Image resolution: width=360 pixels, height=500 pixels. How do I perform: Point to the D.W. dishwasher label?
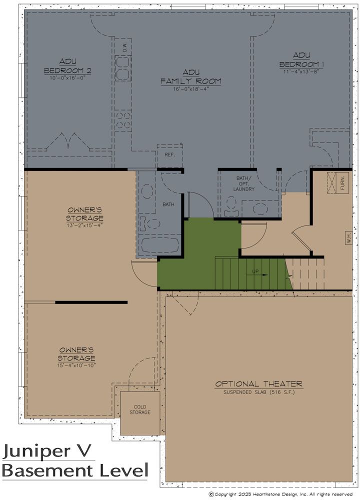pos(125,47)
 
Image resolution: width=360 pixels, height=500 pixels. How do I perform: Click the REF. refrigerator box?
pos(169,156)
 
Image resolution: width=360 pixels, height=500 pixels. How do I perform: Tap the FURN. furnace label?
pos(342,182)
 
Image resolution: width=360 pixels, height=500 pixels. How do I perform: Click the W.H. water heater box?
pos(349,238)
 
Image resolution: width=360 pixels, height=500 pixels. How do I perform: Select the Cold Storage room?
pos(140,412)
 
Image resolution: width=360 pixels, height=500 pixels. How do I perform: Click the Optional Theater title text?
pos(258,383)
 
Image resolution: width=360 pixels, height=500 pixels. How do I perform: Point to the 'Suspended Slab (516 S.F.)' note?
pos(259,392)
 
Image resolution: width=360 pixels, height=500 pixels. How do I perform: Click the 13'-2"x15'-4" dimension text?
pos(84,225)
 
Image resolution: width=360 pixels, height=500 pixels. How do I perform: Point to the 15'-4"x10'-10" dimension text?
pos(76,365)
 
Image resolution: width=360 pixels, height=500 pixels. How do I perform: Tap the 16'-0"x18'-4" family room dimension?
pos(190,89)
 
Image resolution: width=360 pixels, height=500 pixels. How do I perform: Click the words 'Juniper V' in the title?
pos(47,451)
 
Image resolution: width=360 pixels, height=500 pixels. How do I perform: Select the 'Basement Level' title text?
pos(75,470)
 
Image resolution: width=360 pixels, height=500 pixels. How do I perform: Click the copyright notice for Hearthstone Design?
pos(280,494)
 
